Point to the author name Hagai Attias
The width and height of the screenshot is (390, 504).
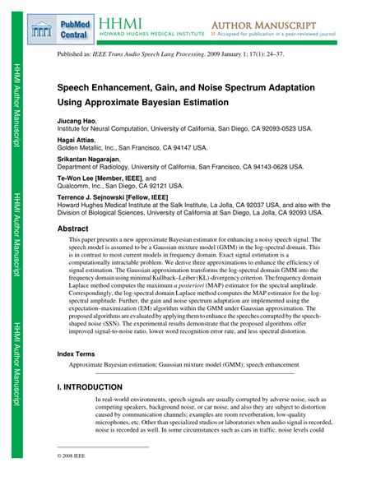coord(77,141)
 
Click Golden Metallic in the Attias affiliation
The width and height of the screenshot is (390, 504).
coord(88,149)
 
